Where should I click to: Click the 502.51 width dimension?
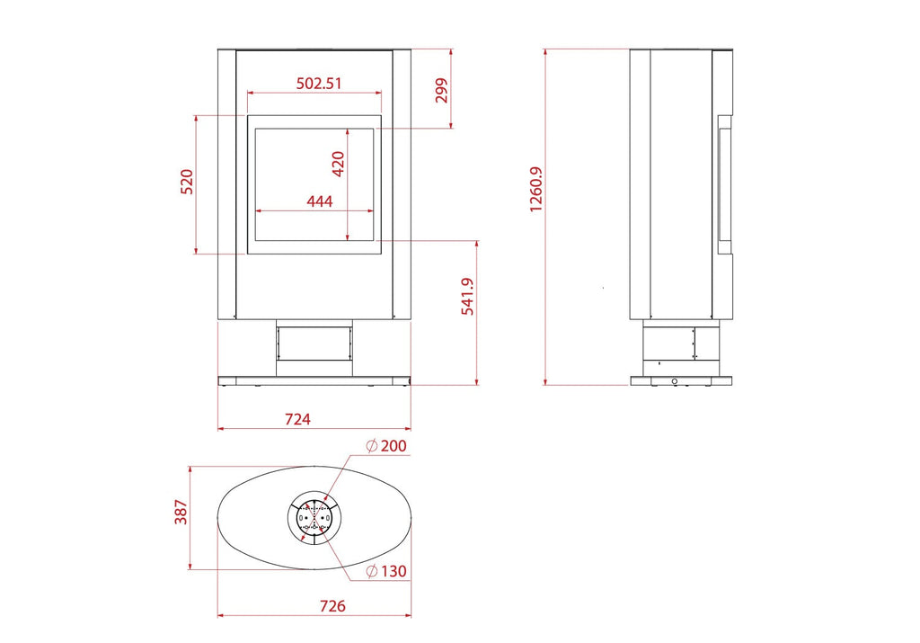[319, 83]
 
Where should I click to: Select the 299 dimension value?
[441, 91]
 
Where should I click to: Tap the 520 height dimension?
[186, 182]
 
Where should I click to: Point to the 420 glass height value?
[338, 164]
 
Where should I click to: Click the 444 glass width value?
[320, 201]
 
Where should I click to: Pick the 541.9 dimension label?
[467, 296]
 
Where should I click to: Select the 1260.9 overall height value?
[536, 189]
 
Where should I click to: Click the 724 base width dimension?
[297, 419]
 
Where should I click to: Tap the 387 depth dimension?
[181, 512]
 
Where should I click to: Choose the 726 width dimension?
[332, 605]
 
